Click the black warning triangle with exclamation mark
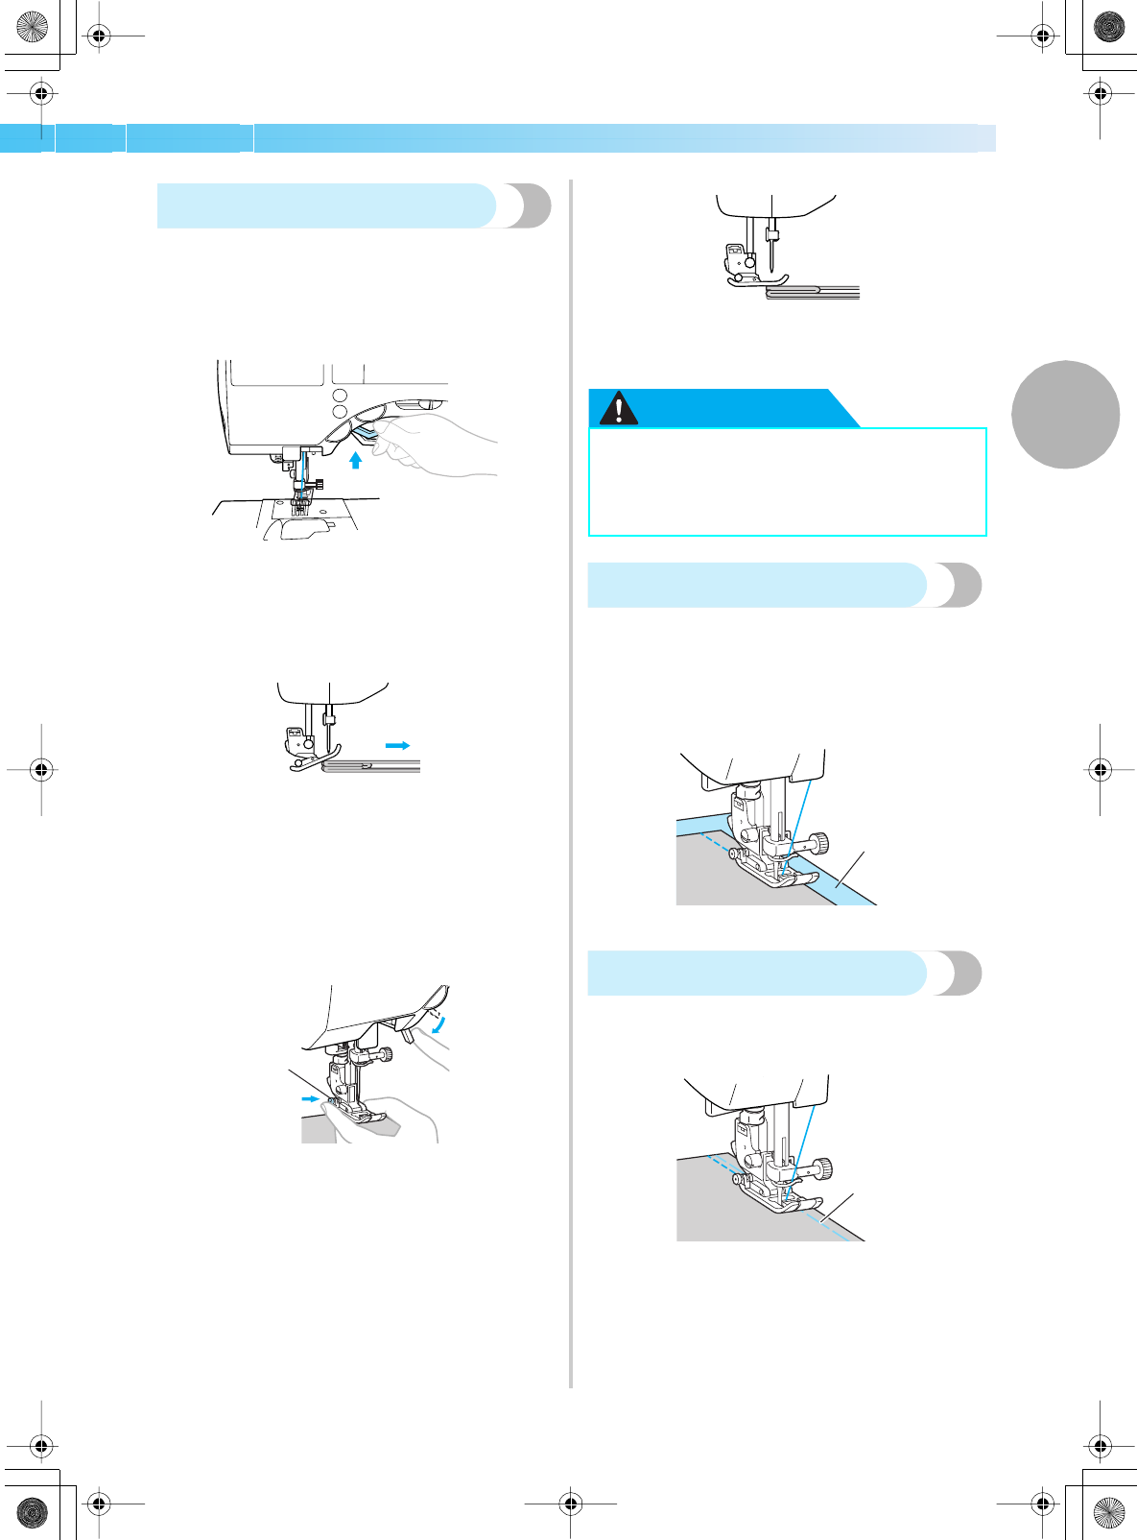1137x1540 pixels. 619,408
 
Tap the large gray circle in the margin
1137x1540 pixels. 1065,415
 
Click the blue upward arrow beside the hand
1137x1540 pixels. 355,460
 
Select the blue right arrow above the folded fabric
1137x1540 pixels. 397,745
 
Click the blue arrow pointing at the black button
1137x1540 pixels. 310,1098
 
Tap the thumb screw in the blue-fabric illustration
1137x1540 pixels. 820,844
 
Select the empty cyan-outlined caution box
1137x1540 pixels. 787,482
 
